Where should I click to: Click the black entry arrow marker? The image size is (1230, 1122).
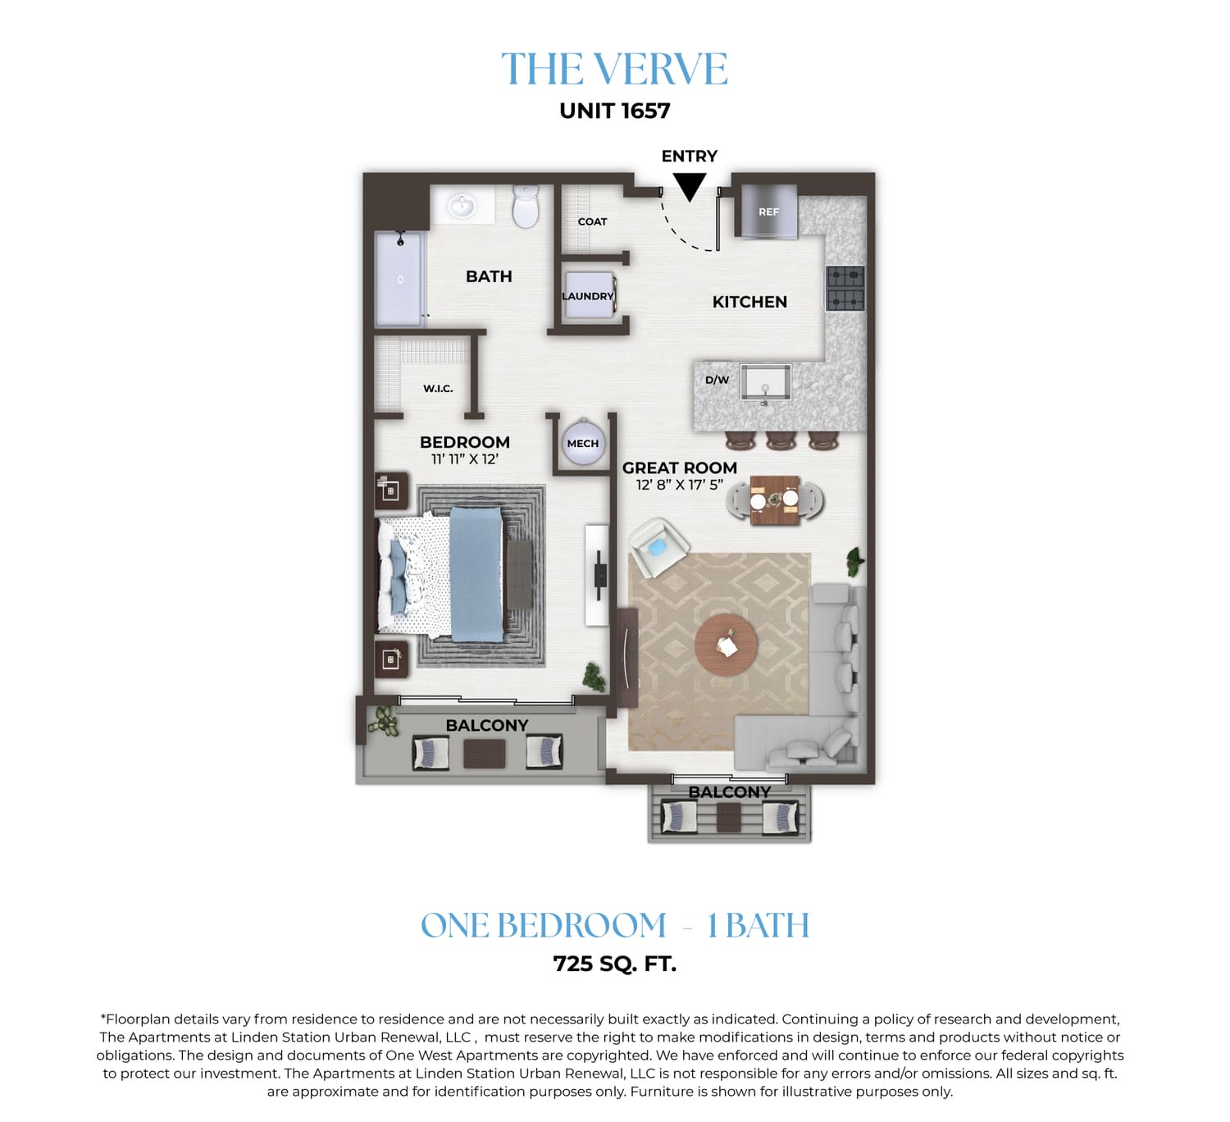[x=689, y=186]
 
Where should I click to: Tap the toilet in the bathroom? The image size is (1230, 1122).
[x=525, y=206]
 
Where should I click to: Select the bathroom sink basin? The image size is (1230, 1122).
[x=461, y=206]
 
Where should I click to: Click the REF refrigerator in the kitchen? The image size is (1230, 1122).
[x=769, y=211]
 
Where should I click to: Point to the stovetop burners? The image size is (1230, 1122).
[x=845, y=289]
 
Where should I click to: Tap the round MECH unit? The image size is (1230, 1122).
[x=582, y=443]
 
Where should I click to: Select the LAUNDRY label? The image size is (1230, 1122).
[x=587, y=296]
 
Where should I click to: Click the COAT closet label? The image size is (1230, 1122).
[x=592, y=221]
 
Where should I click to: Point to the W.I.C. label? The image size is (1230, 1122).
[x=438, y=388]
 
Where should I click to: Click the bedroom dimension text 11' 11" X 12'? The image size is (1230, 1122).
[x=465, y=458]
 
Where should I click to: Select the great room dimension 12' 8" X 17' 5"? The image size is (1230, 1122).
[x=680, y=485]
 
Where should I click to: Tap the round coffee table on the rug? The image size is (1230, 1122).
[x=726, y=645]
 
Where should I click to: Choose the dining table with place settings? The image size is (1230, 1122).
[x=774, y=500]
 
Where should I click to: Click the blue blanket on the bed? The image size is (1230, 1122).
[x=477, y=574]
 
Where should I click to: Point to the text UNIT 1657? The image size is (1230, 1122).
[x=615, y=111]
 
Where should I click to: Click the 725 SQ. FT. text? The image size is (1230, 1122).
[x=615, y=964]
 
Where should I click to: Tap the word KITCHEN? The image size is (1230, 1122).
[x=749, y=302]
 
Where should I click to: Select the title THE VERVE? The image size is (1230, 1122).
[x=614, y=69]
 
